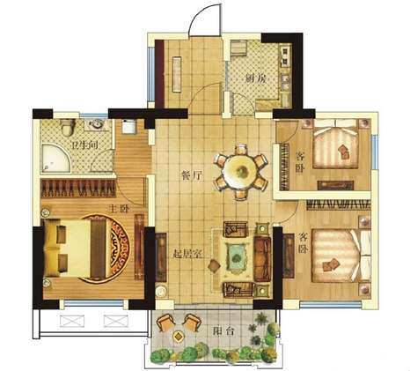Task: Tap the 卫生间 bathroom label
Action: coord(84,145)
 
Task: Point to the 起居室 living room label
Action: coord(187,254)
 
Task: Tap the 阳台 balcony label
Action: coord(223,331)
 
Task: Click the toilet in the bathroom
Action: coord(68,127)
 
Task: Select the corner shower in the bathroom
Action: coord(55,158)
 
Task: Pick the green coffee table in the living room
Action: coord(237,257)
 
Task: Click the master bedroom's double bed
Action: coord(77,249)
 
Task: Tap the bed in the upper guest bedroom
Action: coord(336,144)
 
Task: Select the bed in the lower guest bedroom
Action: coord(340,256)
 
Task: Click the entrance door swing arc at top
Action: coord(202,12)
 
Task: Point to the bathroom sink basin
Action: coord(97,124)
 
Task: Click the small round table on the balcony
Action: coord(178,336)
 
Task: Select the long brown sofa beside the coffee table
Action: coord(262,258)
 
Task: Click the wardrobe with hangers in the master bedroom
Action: coord(78,188)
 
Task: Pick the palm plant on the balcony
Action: coord(262,319)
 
